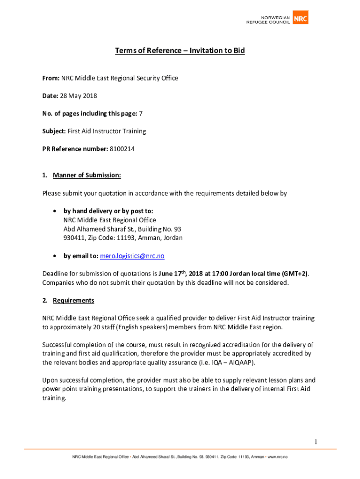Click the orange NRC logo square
click(300, 17)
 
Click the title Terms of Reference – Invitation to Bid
click(180, 51)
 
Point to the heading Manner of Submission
click(87, 175)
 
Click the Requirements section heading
click(73, 300)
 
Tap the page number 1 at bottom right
click(316, 442)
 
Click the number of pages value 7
click(141, 114)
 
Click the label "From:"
click(50, 78)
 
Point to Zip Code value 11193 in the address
click(126, 238)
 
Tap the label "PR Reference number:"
click(75, 149)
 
